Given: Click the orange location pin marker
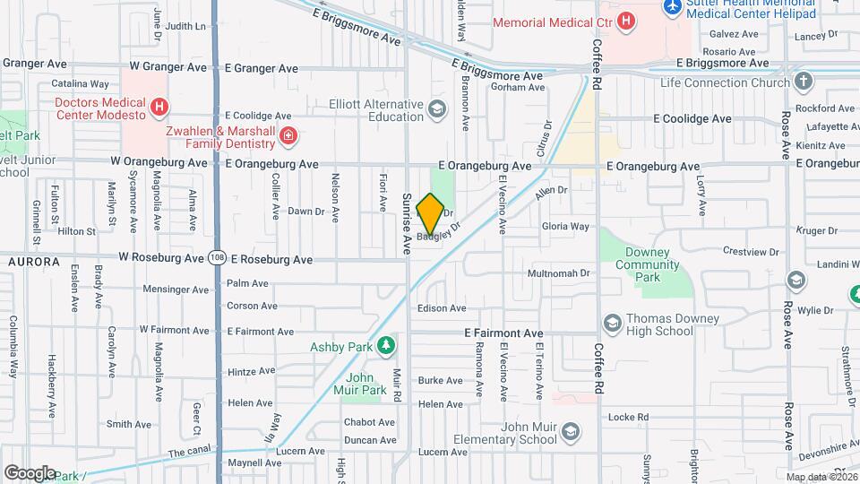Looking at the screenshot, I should pyautogui.click(x=430, y=213).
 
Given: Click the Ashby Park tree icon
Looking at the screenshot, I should pyautogui.click(x=386, y=345).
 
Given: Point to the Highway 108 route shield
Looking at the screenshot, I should pyautogui.click(x=217, y=258).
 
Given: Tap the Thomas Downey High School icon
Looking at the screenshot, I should pyautogui.click(x=613, y=323).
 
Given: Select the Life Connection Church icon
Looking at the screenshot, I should pyautogui.click(x=804, y=82).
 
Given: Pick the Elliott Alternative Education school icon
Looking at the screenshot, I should pyautogui.click(x=437, y=110).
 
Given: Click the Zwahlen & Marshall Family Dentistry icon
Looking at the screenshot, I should pyautogui.click(x=288, y=136).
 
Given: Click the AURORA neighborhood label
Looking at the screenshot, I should pyautogui.click(x=33, y=262).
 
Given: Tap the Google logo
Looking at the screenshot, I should pyautogui.click(x=29, y=472).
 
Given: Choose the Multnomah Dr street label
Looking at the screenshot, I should pyautogui.click(x=562, y=272).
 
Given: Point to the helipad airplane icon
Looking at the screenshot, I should pyautogui.click(x=675, y=6).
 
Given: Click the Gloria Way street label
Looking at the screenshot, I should pyautogui.click(x=566, y=227).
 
